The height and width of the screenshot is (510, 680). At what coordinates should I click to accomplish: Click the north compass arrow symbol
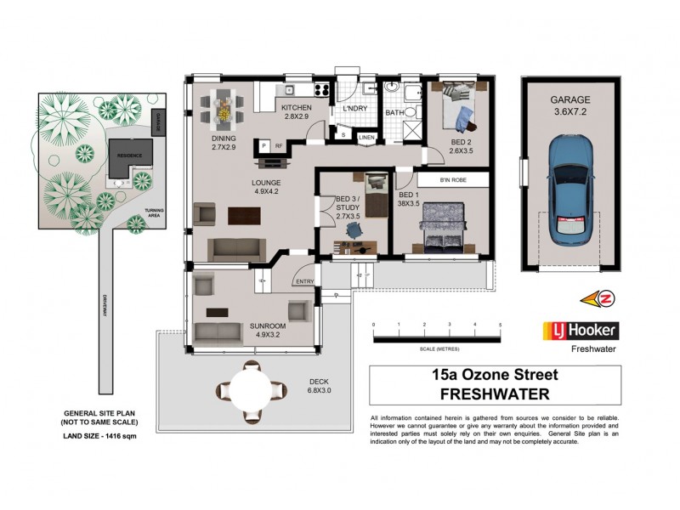coord(597,297)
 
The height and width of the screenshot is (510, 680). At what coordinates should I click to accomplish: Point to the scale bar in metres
coord(437,338)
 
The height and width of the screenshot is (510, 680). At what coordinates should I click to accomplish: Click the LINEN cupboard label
coord(366,137)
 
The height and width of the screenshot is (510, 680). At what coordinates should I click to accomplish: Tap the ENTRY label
coord(303,281)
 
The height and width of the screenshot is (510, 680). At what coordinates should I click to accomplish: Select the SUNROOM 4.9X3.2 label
coord(268,329)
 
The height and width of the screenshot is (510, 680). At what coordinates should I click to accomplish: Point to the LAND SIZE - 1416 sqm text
coord(99,435)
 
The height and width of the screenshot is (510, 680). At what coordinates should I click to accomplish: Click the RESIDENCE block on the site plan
coord(130,156)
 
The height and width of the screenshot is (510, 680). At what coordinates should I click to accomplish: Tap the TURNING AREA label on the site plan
coord(154,212)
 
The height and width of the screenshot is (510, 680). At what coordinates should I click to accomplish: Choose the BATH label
coord(394,112)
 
